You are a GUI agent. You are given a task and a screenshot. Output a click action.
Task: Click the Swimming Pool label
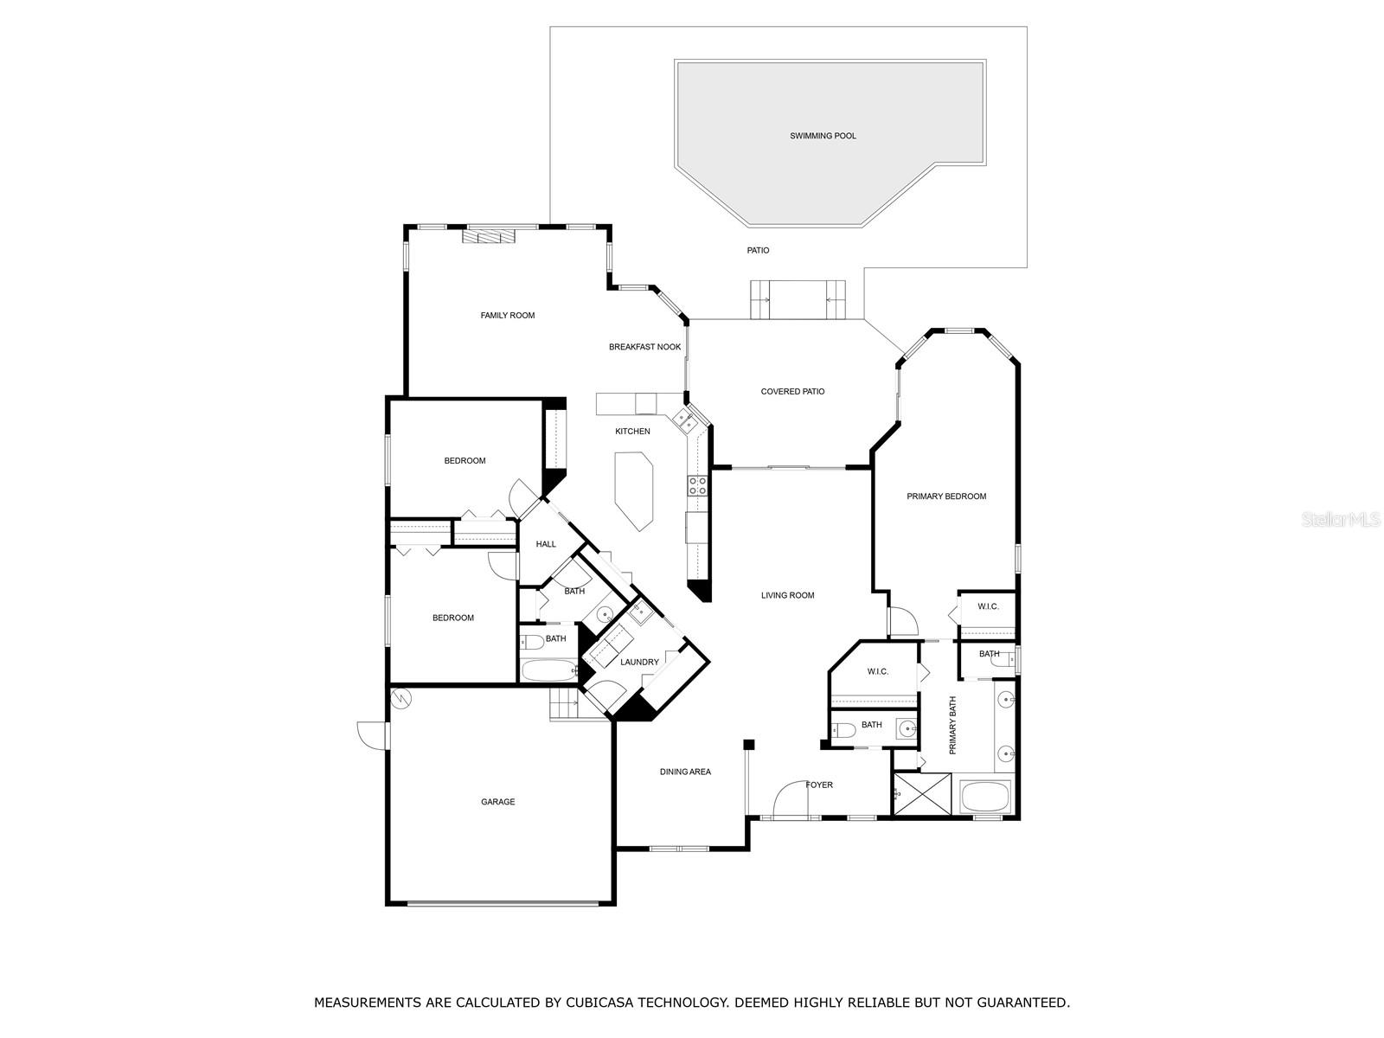pyautogui.click(x=823, y=136)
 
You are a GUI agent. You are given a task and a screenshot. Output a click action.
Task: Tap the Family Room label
pyautogui.click(x=508, y=316)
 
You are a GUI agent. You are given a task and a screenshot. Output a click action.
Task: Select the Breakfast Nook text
pyautogui.click(x=644, y=347)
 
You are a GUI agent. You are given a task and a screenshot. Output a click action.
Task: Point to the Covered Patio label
pyautogui.click(x=792, y=392)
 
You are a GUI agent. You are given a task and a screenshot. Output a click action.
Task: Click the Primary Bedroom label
pyautogui.click(x=946, y=497)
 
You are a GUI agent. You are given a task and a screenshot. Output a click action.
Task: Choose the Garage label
pyautogui.click(x=497, y=802)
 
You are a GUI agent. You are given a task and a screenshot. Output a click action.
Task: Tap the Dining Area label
pyautogui.click(x=685, y=772)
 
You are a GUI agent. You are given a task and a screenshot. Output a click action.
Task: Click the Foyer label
pyautogui.click(x=819, y=785)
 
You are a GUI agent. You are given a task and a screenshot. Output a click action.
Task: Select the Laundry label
pyautogui.click(x=639, y=663)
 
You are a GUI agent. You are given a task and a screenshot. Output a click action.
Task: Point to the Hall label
pyautogui.click(x=546, y=544)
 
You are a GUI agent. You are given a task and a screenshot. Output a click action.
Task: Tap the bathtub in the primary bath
pyautogui.click(x=985, y=796)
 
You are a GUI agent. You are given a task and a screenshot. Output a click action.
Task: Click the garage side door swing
pyautogui.click(x=372, y=734)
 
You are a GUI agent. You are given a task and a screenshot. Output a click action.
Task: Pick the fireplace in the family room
pyautogui.click(x=487, y=236)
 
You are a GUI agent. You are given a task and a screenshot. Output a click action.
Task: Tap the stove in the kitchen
pyautogui.click(x=696, y=485)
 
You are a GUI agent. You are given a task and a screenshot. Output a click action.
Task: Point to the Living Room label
pyautogui.click(x=787, y=595)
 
